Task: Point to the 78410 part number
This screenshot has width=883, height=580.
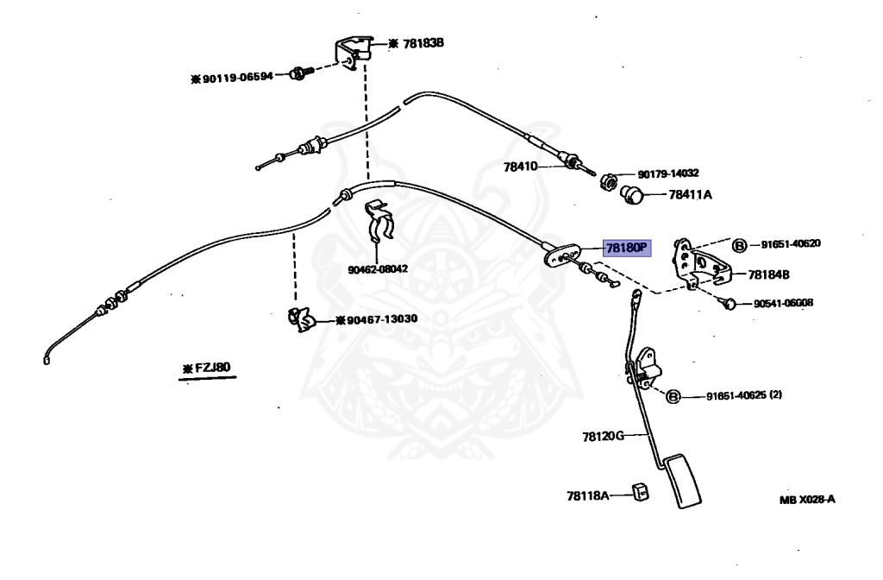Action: pos(521,166)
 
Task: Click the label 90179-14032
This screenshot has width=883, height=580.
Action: pos(668,173)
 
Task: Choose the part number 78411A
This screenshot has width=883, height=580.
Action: pos(690,195)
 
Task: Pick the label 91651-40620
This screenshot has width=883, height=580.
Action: pos(790,243)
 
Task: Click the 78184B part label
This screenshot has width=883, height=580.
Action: pos(769,274)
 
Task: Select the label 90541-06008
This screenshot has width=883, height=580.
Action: pos(783,303)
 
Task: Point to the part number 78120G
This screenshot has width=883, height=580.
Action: pos(602,437)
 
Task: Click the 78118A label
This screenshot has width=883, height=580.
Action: pos(588,495)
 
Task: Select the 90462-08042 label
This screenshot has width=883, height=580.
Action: pos(378,268)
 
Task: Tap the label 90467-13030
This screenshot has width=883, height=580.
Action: pos(381,319)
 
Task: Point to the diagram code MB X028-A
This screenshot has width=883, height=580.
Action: pos(807,499)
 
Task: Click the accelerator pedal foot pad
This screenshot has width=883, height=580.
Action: pos(686,484)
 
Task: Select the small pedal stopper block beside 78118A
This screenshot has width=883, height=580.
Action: pos(641,492)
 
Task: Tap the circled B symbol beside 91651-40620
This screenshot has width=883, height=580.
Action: pos(740,245)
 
